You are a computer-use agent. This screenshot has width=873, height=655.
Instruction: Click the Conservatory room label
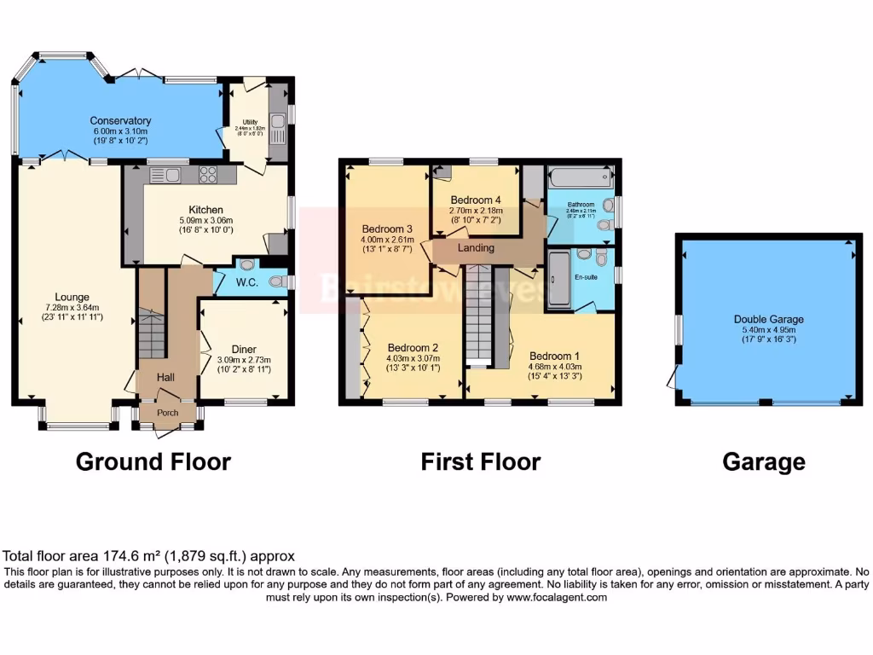coord(120,121)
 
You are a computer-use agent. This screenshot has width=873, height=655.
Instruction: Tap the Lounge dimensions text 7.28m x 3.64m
coord(72,308)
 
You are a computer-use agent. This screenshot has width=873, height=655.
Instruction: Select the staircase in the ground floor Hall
coord(152,335)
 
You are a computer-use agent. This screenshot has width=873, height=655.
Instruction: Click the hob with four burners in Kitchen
coord(209,175)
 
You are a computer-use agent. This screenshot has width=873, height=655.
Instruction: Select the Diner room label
coord(244,348)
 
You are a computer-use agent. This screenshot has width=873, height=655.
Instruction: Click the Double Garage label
coord(768,320)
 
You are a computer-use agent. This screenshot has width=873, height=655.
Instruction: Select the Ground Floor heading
coord(153,461)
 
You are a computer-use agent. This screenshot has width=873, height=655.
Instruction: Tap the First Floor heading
coord(480,461)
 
